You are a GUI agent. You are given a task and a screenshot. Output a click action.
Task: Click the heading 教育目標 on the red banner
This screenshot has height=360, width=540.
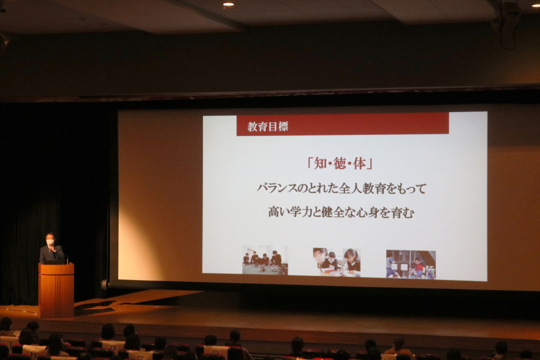point(268,127)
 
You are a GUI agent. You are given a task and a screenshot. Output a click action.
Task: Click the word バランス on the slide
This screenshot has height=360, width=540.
point(277,189)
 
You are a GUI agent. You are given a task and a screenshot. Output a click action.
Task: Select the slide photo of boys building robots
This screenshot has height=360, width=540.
point(265,260)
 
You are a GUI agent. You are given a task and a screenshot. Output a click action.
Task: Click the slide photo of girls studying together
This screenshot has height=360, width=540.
point(337,262)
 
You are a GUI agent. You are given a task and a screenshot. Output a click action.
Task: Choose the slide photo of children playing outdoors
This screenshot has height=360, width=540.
point(411,265)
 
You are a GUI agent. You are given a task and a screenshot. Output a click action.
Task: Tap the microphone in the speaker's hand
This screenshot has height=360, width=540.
point(50,249)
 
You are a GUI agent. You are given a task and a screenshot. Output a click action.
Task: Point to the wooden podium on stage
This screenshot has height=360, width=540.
point(56,290)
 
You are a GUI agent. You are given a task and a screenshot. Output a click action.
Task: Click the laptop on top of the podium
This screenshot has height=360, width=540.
point(55,262)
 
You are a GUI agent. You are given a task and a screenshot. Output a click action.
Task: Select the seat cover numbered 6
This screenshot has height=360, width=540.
point(33,354)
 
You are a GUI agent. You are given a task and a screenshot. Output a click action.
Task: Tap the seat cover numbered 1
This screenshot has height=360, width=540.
point(10,343)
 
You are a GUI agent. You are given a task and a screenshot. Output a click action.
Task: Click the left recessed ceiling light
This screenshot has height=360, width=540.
point(228,4)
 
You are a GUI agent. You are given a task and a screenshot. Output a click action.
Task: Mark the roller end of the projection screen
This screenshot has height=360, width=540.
point(105,284)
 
